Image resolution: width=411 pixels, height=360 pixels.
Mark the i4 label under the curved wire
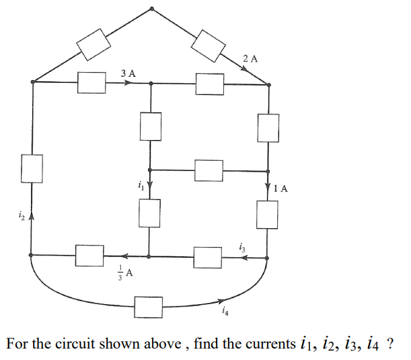click(224, 311)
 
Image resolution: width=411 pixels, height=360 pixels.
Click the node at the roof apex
click(152, 9)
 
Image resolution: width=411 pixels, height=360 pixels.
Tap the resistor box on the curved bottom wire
click(149, 306)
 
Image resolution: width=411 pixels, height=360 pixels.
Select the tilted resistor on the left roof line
click(94, 44)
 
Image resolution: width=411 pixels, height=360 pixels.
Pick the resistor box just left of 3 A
click(91, 83)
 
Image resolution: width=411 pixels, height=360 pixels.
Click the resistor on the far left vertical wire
click(32, 168)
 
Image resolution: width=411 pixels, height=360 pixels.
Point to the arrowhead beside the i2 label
click(32, 217)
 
